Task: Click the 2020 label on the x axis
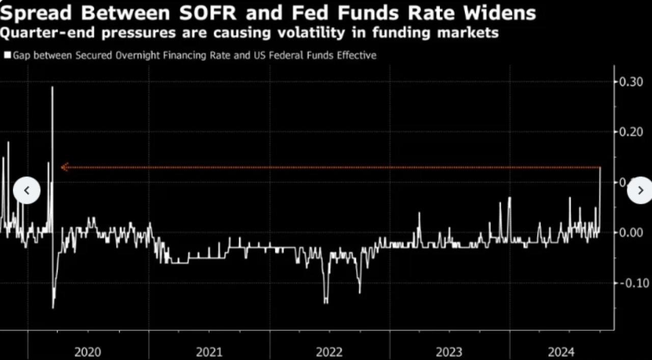[88, 351]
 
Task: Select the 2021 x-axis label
[209, 351]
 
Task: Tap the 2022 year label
[329, 351]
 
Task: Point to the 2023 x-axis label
[449, 351]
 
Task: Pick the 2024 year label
[561, 351]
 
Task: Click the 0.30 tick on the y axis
[631, 81]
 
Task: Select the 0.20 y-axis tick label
[631, 132]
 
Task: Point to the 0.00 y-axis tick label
[631, 233]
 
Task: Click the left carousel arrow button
[26, 190]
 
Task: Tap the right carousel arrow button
[640, 190]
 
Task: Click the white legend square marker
[7, 54]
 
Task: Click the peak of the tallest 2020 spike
[52, 87]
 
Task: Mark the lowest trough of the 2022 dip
[326, 302]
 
